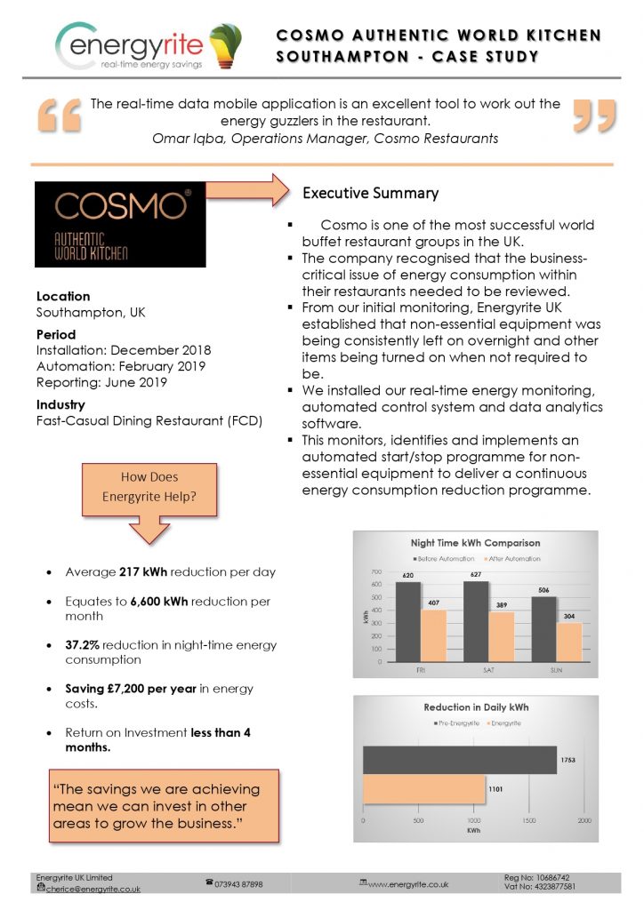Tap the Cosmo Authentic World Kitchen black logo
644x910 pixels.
point(113,224)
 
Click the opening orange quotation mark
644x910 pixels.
point(59,116)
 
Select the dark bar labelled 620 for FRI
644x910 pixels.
point(408,621)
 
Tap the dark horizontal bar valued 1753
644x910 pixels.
point(459,760)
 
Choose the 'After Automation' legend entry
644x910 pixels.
point(511,559)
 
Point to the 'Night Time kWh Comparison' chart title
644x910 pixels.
point(475,542)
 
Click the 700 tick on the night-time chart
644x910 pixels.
point(377,572)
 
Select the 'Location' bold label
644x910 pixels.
point(63,296)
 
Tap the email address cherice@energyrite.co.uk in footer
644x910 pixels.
point(93,889)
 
